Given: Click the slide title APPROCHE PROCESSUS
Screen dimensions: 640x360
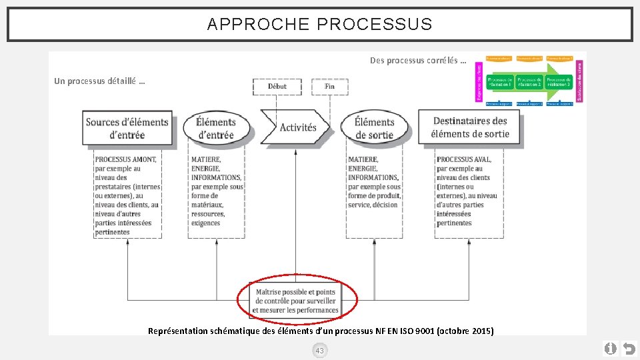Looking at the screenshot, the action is click(x=319, y=25).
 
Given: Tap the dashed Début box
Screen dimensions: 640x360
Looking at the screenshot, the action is click(x=277, y=87).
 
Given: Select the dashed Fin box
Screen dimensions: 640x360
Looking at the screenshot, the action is click(x=329, y=87).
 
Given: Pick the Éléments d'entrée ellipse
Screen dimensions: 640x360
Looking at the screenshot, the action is click(x=215, y=128).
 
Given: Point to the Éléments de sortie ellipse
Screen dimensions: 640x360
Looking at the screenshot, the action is click(x=374, y=128).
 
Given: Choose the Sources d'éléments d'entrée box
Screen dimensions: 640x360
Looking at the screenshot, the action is click(x=127, y=128).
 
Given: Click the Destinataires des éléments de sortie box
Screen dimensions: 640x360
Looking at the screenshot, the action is click(x=469, y=127).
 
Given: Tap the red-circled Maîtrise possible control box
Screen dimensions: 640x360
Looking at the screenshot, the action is click(x=297, y=301).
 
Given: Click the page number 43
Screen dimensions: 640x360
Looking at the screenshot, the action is click(x=319, y=351).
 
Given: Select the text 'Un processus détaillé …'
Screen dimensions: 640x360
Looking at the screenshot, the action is click(x=99, y=81).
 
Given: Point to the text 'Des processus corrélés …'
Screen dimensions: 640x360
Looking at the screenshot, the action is click(x=417, y=61).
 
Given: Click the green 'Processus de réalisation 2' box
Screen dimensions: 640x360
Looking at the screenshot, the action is click(x=529, y=82).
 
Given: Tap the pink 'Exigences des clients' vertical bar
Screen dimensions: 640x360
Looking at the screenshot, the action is click(x=479, y=82).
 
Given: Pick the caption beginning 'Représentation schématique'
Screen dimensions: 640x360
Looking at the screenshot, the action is click(x=320, y=331).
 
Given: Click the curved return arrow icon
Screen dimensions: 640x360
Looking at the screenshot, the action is click(x=628, y=348).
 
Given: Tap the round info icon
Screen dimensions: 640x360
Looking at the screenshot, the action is click(x=610, y=348).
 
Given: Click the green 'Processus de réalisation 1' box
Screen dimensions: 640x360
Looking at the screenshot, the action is click(x=500, y=82).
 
